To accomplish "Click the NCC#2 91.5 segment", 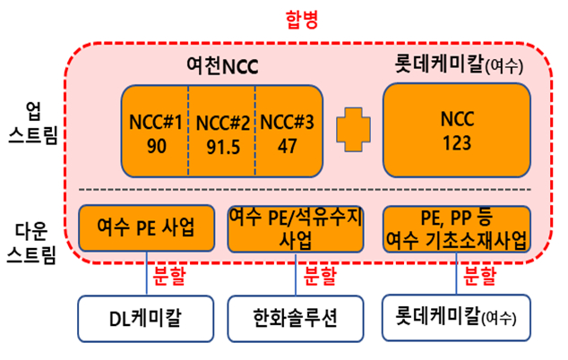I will pos(221,131).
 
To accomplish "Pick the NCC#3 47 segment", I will pos(288,131).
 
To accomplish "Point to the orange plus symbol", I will pos(353,131).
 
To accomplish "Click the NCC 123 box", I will pos(454,131).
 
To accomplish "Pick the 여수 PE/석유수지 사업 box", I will pos(295,228).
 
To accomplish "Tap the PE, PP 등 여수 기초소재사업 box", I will pos(457,228).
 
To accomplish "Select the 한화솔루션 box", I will pos(295,317).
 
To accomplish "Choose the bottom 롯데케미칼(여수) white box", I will pos(457,317).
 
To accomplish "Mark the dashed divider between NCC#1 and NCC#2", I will pos(188,131).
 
